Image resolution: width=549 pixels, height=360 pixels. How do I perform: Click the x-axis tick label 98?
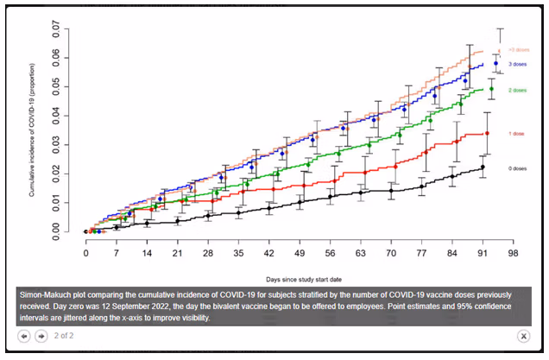pyautogui.click(x=512, y=254)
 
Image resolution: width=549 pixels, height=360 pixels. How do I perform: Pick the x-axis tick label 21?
pyautogui.click(x=177, y=254)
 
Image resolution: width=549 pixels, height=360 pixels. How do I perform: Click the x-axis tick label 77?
pyautogui.click(x=420, y=254)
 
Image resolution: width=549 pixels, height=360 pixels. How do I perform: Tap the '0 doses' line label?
pyautogui.click(x=517, y=168)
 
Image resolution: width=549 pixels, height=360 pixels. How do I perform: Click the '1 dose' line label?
pyautogui.click(x=516, y=134)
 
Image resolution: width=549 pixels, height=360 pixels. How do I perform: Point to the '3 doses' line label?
pyautogui.click(x=517, y=65)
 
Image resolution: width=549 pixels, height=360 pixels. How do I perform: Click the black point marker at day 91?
pyautogui.click(x=483, y=167)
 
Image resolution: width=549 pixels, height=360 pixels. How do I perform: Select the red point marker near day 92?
pyautogui.click(x=488, y=133)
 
